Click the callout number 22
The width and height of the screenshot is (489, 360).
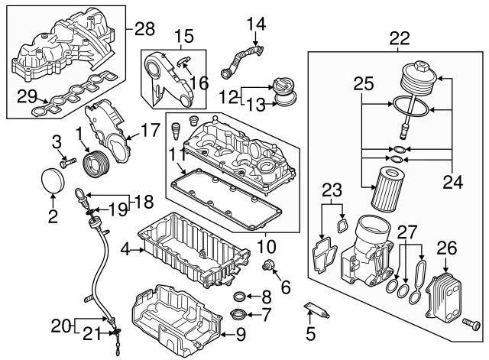(399, 36)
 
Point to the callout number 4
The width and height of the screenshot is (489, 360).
(125, 249)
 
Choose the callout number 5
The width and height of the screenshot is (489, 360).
(310, 334)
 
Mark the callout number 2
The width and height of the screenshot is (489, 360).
(53, 216)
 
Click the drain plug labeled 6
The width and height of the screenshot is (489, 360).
(268, 265)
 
